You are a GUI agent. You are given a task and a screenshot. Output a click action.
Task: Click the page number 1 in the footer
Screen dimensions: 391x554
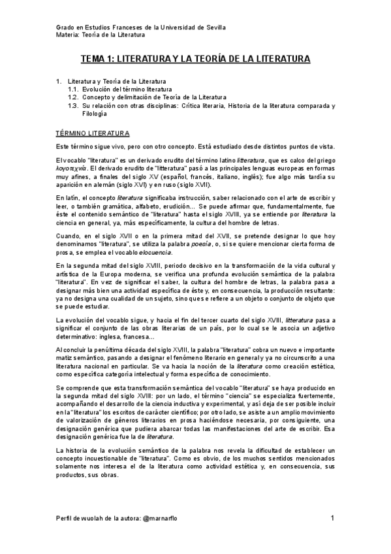[x=332, y=518]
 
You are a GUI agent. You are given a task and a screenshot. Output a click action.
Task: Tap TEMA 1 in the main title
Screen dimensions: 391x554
[x=101, y=59]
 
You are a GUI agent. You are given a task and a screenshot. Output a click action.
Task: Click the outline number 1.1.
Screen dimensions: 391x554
[x=73, y=89]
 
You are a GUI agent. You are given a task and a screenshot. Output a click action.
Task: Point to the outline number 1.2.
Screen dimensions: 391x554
[x=73, y=97]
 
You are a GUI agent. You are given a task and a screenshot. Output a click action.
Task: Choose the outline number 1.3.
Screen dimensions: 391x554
[x=73, y=105]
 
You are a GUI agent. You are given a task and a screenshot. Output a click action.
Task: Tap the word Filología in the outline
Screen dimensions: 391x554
[x=95, y=112]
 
